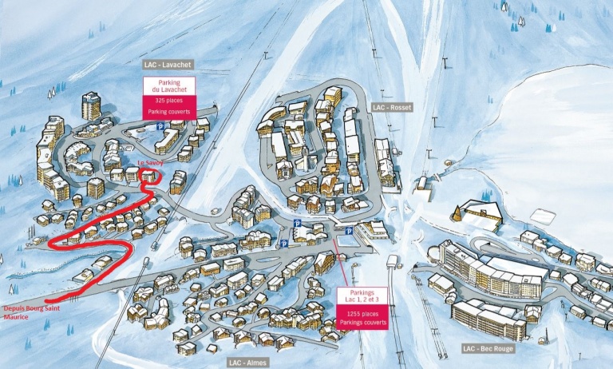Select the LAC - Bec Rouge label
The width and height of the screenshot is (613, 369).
[487, 348]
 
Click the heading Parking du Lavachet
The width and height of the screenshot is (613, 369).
[168, 87]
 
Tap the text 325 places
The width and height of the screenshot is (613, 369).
[168, 101]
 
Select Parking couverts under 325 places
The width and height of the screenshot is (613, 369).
[168, 113]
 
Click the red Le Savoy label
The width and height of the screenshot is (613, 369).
[150, 163]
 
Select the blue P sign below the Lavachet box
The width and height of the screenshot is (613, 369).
[160, 126]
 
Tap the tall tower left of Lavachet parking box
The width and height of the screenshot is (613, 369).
[92, 105]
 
